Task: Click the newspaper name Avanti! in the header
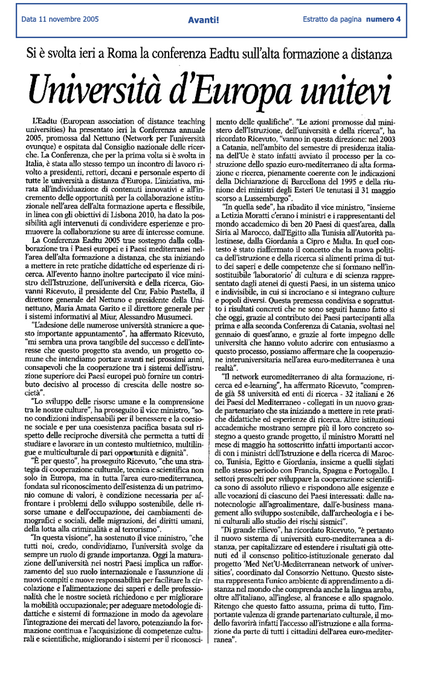(203, 19)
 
